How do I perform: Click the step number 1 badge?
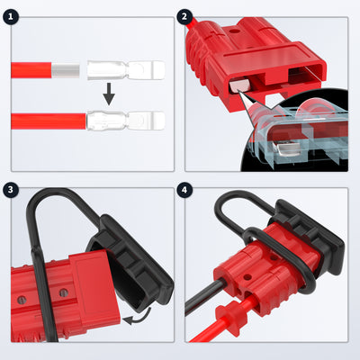pyautogui.click(x=12, y=16)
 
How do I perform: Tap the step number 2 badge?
pyautogui.click(x=186, y=16)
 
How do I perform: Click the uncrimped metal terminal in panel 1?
pyautogui.click(x=126, y=68)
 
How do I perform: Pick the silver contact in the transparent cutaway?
pyautogui.click(x=285, y=144)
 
